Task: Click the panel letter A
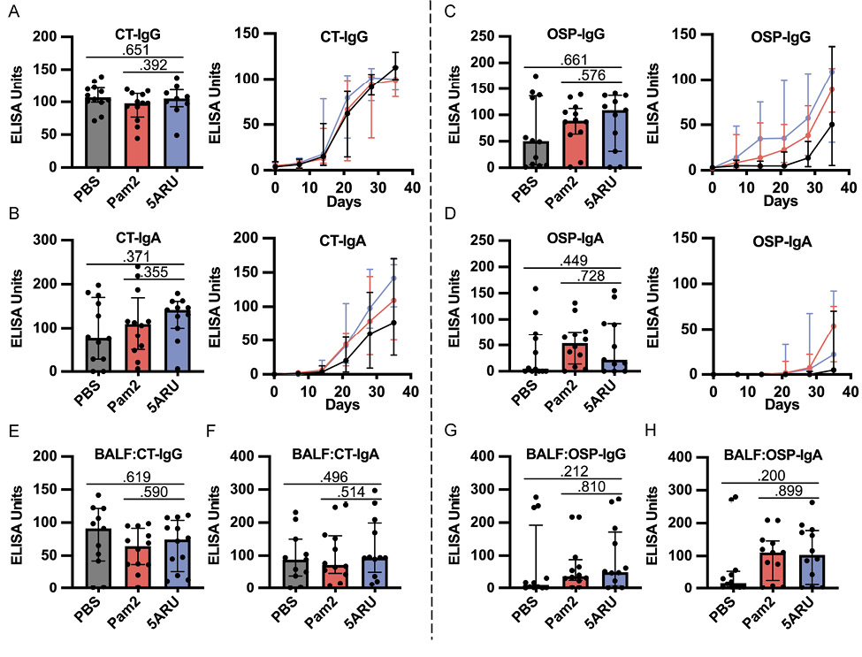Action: (x=11, y=11)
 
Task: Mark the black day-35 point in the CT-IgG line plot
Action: (x=395, y=67)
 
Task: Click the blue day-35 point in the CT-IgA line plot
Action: (x=395, y=279)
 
